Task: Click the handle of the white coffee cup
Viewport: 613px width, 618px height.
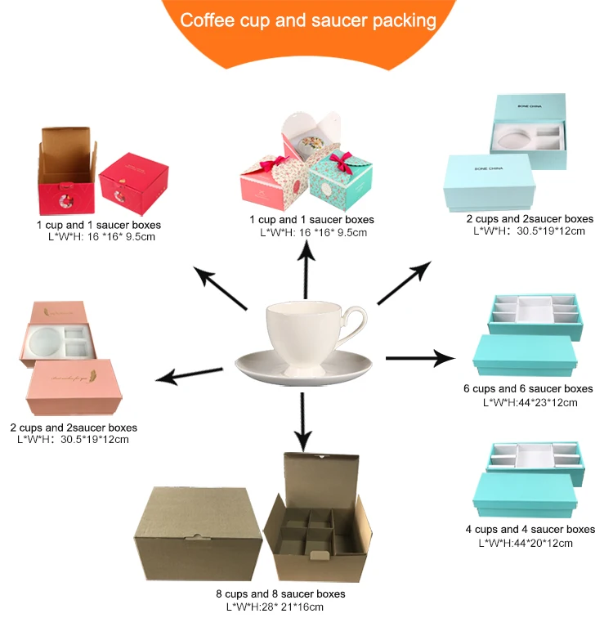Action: (354, 323)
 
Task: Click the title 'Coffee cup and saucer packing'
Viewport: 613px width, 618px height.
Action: (307, 19)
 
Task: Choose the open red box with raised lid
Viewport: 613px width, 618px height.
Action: (67, 172)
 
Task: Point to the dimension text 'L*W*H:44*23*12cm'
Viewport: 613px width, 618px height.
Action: (530, 402)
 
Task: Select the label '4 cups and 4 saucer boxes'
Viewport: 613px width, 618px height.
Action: (536, 531)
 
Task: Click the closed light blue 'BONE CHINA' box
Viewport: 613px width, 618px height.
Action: (487, 179)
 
